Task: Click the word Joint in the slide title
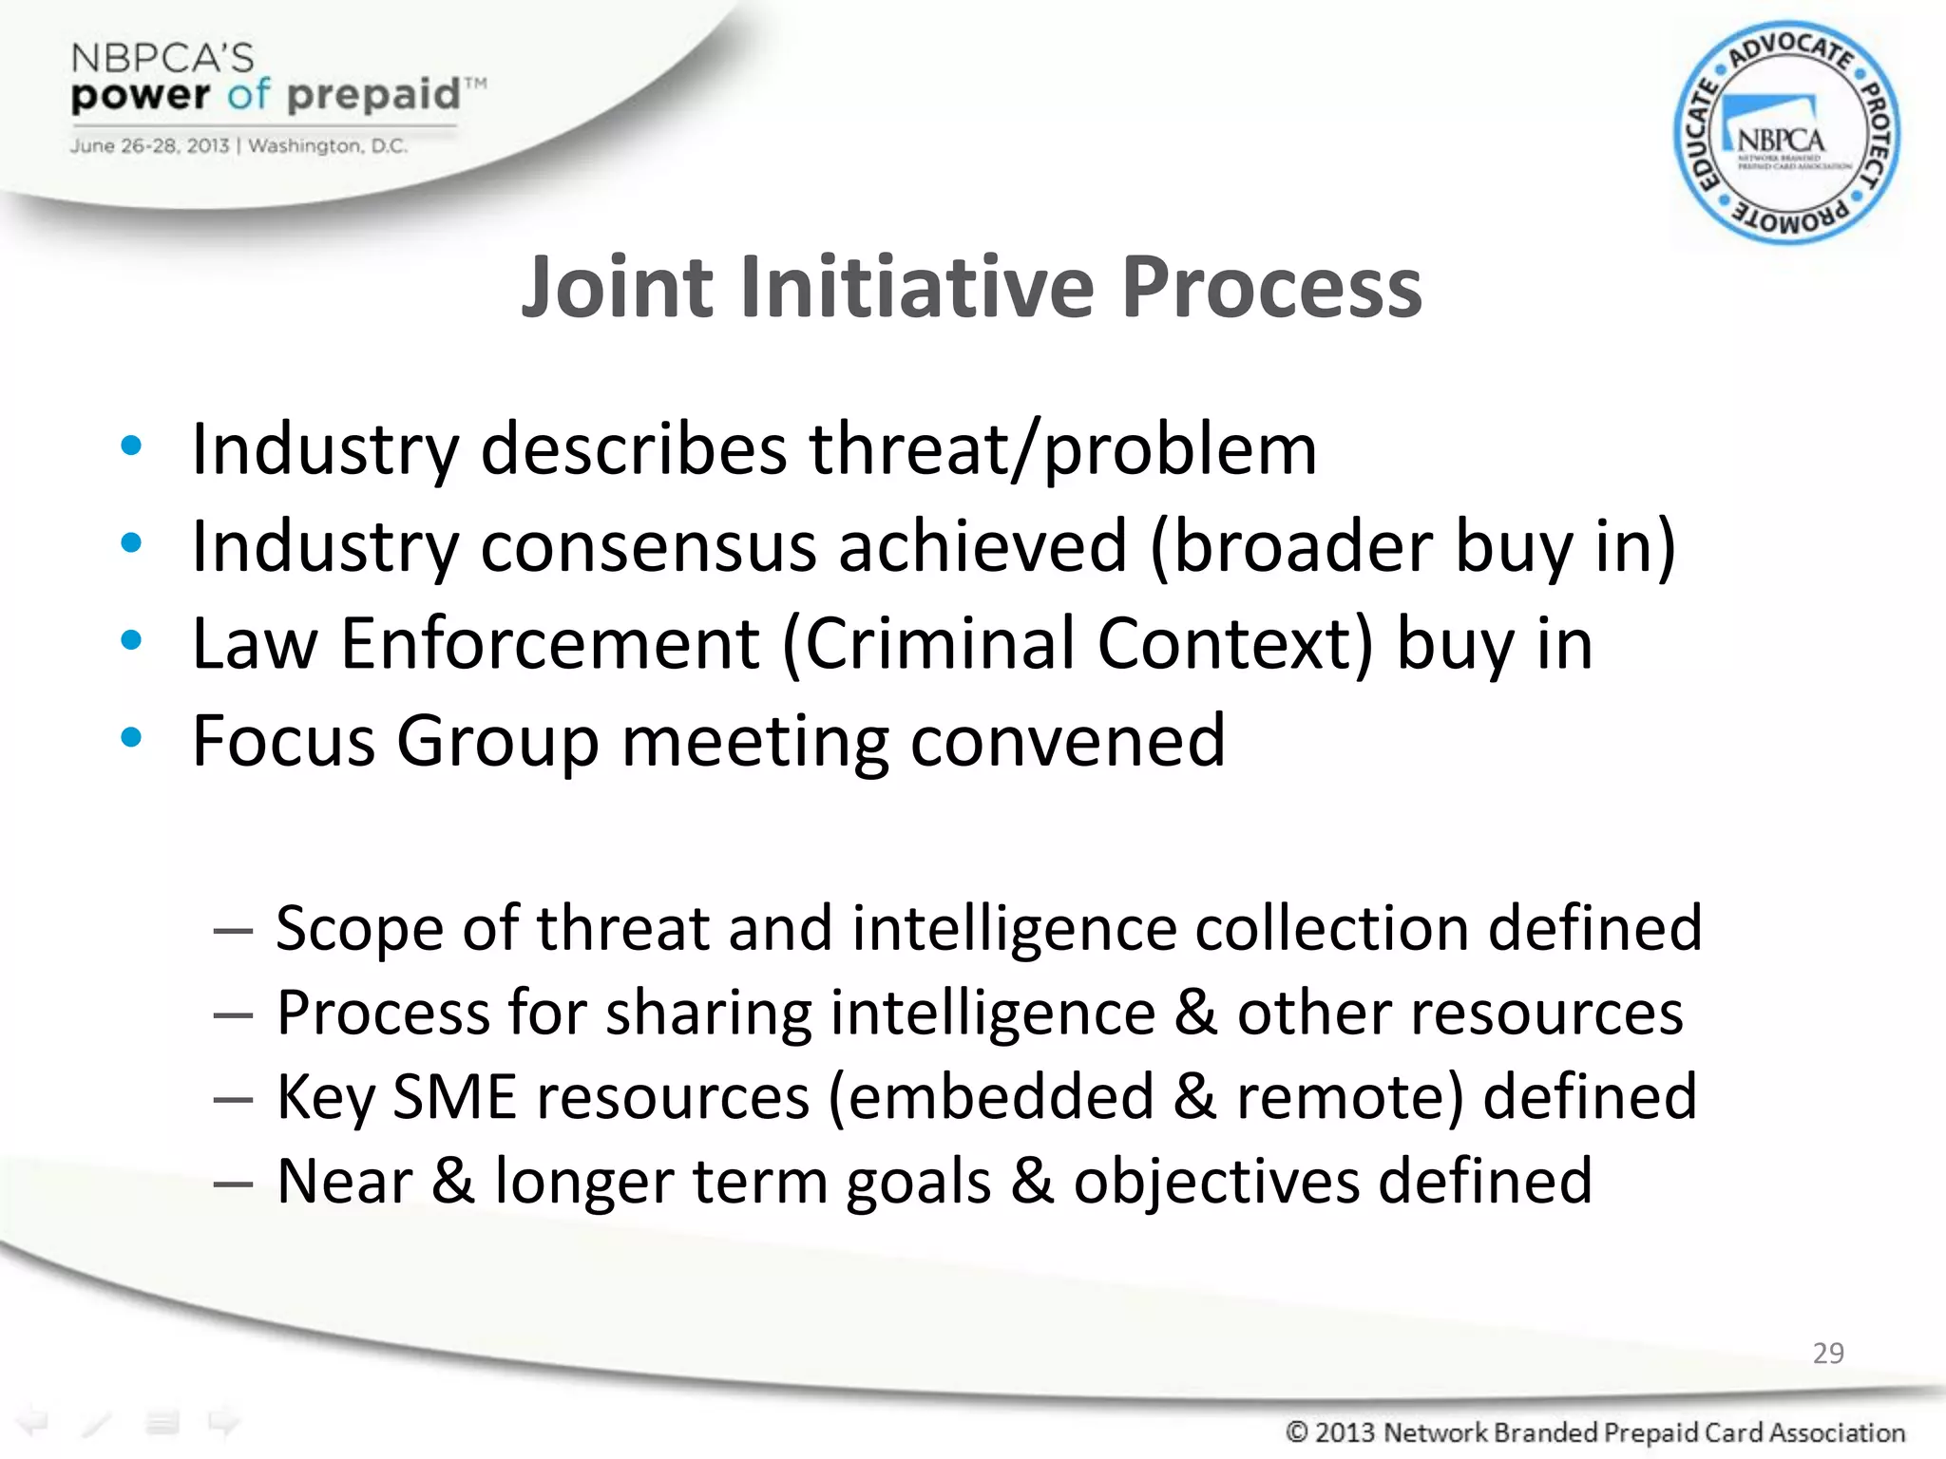(617, 287)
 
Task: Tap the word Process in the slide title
(1270, 287)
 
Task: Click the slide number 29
(1827, 1353)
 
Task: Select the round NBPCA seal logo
(1785, 133)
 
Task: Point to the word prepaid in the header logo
(373, 95)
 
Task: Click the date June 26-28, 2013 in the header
(149, 146)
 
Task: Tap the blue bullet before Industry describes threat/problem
(131, 445)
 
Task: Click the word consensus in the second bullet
(648, 547)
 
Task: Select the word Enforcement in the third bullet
(550, 644)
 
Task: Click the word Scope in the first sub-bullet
(358, 927)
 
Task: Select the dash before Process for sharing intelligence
(233, 1015)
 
